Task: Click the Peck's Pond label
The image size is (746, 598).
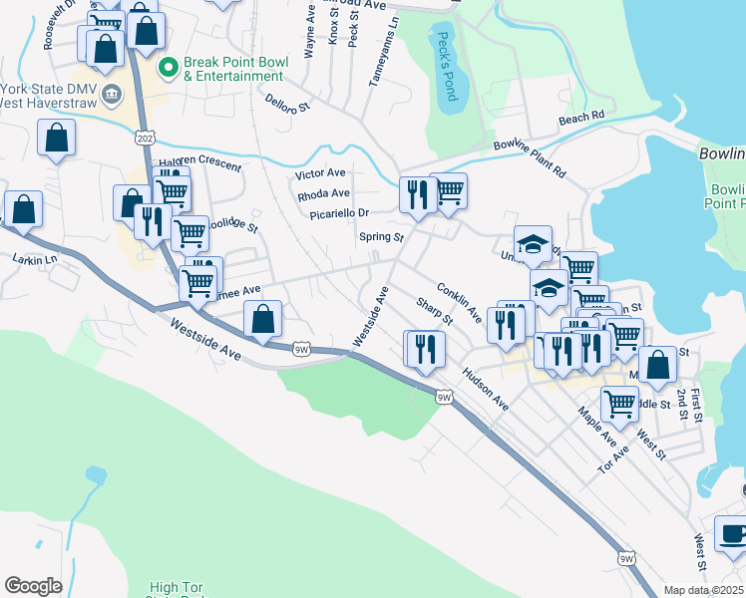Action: click(x=445, y=66)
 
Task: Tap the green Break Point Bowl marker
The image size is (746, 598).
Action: click(x=168, y=67)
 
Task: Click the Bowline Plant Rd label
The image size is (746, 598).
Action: click(x=529, y=158)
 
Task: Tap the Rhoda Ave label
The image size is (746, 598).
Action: click(x=323, y=193)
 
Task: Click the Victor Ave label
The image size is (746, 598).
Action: click(x=320, y=173)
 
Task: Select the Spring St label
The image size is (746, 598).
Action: click(x=381, y=238)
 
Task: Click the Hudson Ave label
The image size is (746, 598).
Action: click(x=485, y=389)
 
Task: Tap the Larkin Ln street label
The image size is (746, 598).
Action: click(x=35, y=259)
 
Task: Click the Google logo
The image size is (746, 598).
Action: click(x=33, y=586)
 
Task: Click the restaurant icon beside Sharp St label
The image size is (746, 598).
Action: click(x=426, y=349)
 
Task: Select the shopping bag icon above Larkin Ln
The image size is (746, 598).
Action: click(x=23, y=210)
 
